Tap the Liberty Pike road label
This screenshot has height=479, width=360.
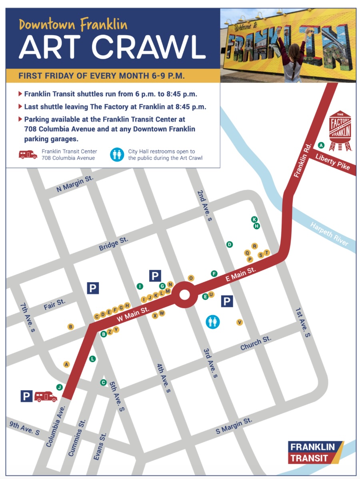click(332, 161)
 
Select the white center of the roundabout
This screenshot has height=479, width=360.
click(184, 295)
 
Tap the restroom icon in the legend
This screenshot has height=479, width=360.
click(117, 154)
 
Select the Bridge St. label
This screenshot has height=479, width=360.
click(113, 244)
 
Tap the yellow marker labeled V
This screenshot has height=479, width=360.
click(240, 322)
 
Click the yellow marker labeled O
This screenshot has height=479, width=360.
click(191, 278)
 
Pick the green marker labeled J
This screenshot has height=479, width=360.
click(59, 387)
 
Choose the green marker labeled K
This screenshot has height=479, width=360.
click(254, 220)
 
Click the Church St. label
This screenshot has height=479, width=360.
click(256, 343)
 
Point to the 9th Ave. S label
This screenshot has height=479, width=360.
click(24, 428)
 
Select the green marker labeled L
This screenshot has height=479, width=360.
click(92, 359)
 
